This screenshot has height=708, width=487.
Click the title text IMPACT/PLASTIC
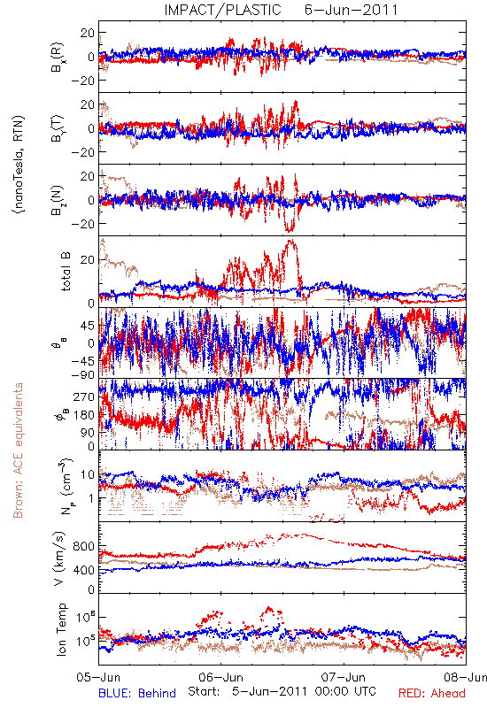(223, 10)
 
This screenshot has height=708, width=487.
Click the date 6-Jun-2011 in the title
(351, 10)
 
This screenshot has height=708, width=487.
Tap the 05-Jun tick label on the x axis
(98, 677)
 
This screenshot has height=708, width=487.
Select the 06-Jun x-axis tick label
(220, 677)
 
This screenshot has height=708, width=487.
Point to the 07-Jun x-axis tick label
(344, 677)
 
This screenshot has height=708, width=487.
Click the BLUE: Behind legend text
(137, 693)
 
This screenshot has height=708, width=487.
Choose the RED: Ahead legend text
(432, 693)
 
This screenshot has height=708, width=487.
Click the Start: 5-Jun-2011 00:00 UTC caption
(282, 691)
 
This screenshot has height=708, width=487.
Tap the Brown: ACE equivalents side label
(18, 450)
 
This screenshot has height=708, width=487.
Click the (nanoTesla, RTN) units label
(19, 165)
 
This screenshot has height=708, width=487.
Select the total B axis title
(65, 272)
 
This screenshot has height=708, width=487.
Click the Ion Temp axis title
(61, 629)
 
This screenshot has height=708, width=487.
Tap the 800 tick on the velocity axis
(84, 547)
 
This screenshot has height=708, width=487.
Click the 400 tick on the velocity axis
(84, 570)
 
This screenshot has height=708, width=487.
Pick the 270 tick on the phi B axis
(85, 396)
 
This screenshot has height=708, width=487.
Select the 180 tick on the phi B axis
(85, 415)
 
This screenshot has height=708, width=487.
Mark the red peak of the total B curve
(291, 240)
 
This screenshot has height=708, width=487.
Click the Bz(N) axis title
(57, 200)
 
